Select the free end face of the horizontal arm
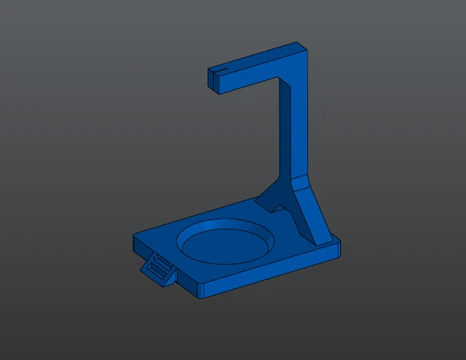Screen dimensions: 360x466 pos(213,80)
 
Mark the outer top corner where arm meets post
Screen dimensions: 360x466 pos(303,46)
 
